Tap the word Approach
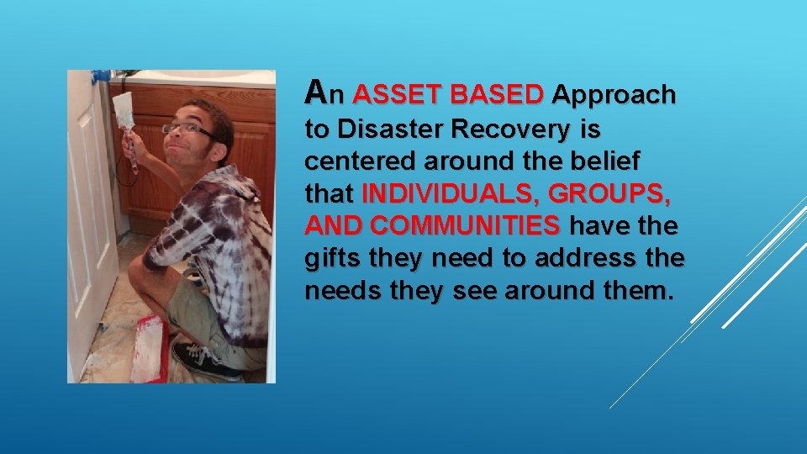(614, 96)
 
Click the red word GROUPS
(609, 195)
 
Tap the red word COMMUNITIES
(465, 227)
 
